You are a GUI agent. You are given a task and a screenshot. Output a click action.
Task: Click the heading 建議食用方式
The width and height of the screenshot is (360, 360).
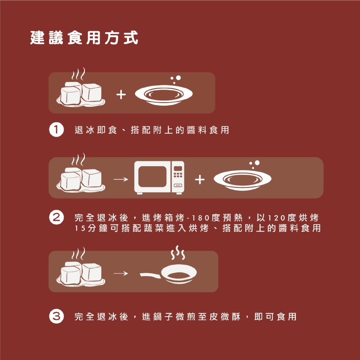[84, 38]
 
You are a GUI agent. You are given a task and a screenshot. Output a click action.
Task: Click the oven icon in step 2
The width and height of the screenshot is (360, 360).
[159, 177]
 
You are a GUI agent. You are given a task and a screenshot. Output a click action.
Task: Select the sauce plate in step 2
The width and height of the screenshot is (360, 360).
[242, 180]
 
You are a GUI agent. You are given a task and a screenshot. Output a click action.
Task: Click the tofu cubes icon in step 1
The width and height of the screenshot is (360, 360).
[81, 94]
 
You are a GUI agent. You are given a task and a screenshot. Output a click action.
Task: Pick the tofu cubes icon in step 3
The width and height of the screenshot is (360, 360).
[81, 274]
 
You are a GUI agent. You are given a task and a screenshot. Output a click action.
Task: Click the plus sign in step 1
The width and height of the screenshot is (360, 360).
[121, 95]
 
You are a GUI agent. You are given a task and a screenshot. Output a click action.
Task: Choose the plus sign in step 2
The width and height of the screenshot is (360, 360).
[199, 180]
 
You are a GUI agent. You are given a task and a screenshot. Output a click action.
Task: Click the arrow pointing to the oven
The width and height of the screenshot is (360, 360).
[120, 180]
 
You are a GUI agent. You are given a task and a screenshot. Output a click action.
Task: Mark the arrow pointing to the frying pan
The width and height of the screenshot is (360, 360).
[120, 274]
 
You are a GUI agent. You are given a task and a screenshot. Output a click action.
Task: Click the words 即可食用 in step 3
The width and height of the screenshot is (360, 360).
[275, 316]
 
